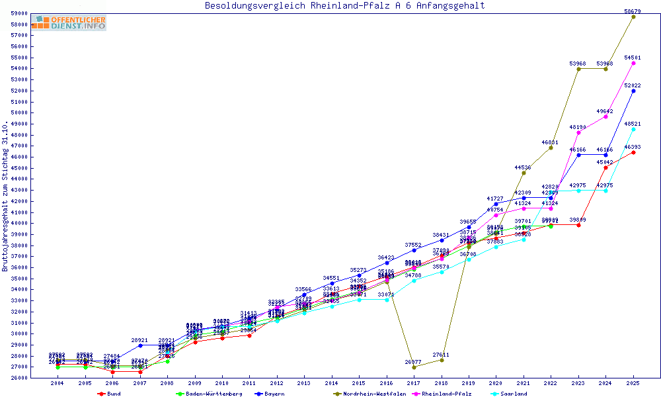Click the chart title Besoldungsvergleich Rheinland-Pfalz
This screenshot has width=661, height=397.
pos(344,6)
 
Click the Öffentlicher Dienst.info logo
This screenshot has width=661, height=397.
pos(69,23)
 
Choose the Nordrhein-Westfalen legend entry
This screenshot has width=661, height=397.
pos(366,394)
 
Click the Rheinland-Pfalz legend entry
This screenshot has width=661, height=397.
pos(446,394)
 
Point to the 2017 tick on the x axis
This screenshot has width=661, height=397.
pos(414,383)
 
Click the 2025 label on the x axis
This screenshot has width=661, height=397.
pos(633,383)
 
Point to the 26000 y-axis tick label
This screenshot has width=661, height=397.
pos(19,378)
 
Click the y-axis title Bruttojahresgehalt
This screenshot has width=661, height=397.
pos(6,196)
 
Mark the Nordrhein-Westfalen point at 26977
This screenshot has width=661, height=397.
pos(414,367)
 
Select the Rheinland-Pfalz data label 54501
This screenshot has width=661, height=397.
pos(633,58)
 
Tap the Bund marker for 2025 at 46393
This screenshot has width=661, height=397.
pos(633,152)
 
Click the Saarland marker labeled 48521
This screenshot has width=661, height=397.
pos(633,129)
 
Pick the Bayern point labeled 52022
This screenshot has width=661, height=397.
pos(633,91)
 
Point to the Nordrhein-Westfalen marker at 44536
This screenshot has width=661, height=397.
pos(524,173)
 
